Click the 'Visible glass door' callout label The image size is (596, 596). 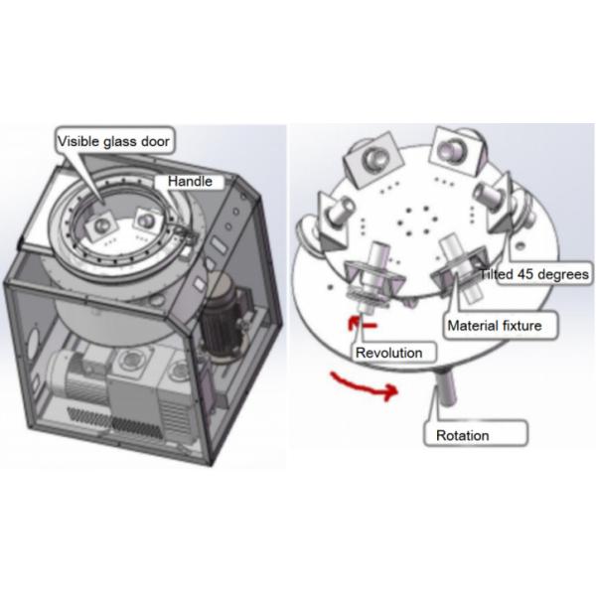click(113, 141)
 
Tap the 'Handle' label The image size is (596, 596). click(190, 182)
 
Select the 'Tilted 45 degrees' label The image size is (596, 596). click(533, 274)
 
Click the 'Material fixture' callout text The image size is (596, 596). click(495, 326)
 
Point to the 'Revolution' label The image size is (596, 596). click(388, 353)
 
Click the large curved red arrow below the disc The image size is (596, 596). click(365, 386)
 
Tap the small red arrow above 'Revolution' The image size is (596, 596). click(363, 324)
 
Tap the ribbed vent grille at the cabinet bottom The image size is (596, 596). click(114, 422)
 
